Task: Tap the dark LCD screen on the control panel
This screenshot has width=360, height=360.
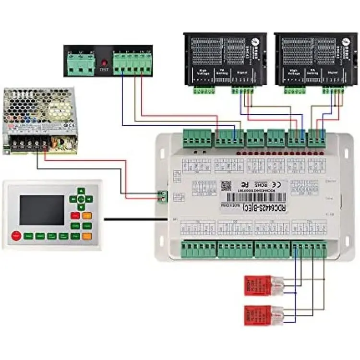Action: pyautogui.click(x=42, y=210)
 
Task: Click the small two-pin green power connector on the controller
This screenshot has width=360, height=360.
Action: pyautogui.click(x=164, y=194)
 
